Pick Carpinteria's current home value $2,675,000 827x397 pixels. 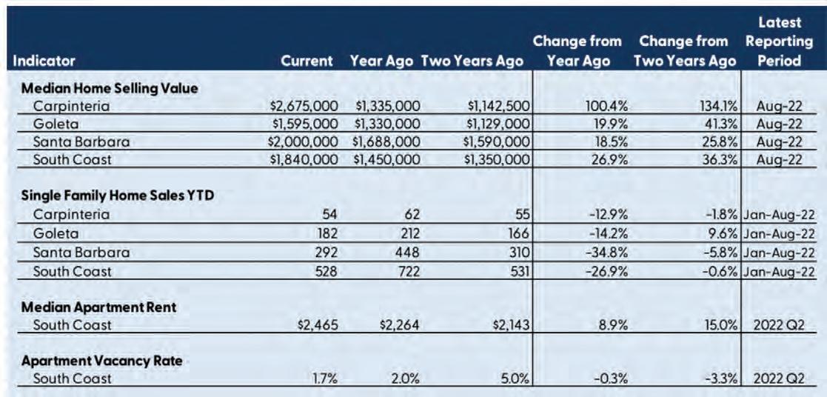coord(304,106)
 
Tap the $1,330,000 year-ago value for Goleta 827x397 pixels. coord(388,124)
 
